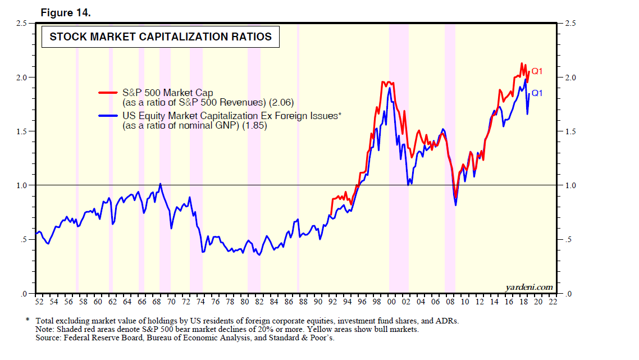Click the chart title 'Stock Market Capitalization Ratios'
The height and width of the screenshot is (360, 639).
pyautogui.click(x=161, y=37)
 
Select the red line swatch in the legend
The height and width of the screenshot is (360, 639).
pyautogui.click(x=108, y=93)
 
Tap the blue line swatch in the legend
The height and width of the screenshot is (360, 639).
pyautogui.click(x=108, y=116)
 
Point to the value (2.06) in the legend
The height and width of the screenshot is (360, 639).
pyautogui.click(x=282, y=102)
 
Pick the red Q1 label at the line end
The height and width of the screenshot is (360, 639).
pyautogui.click(x=537, y=71)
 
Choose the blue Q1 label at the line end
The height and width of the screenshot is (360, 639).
pyautogui.click(x=537, y=93)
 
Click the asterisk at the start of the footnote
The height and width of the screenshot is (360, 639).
pyautogui.click(x=28, y=320)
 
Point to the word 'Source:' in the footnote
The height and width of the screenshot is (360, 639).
pyautogui.click(x=47, y=338)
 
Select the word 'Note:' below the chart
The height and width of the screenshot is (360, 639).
pyautogui.click(x=45, y=329)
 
